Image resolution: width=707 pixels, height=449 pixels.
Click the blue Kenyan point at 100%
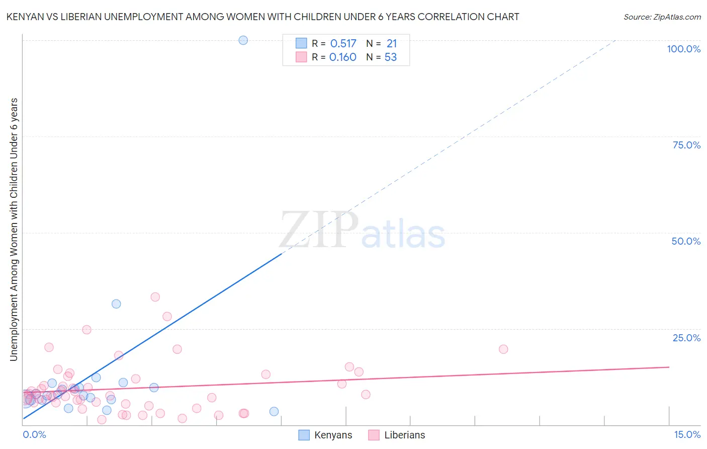pos(243,40)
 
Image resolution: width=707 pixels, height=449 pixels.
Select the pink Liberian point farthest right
pos(503,349)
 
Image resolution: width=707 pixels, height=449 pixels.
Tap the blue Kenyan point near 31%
pos(116,304)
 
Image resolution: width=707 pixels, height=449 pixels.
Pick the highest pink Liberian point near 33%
pos(155,297)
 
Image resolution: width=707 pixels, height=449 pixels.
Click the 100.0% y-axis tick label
pos(683,49)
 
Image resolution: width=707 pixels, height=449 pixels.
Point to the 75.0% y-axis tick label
pos(686,145)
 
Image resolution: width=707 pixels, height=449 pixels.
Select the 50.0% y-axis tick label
pos(686,241)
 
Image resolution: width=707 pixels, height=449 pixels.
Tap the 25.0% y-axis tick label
pos(686,337)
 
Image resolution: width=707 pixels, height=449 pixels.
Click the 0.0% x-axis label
pos(34,434)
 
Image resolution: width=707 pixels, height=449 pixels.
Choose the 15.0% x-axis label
pos(687,434)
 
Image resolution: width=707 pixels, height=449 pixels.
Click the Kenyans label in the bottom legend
pos(333,435)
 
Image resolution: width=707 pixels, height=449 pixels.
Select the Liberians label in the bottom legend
pos(404,435)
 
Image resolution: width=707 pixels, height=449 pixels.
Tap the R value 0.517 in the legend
pos(343,44)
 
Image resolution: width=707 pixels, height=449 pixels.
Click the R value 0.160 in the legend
pos(342,57)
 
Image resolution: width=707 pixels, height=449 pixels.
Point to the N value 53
pos(391,57)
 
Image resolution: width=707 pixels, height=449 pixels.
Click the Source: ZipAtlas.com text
pos(662,17)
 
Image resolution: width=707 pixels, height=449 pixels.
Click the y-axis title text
pos(14,229)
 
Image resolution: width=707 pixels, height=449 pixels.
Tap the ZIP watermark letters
pos(319,230)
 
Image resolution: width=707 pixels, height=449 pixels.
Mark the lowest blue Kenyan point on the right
pos(274,411)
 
